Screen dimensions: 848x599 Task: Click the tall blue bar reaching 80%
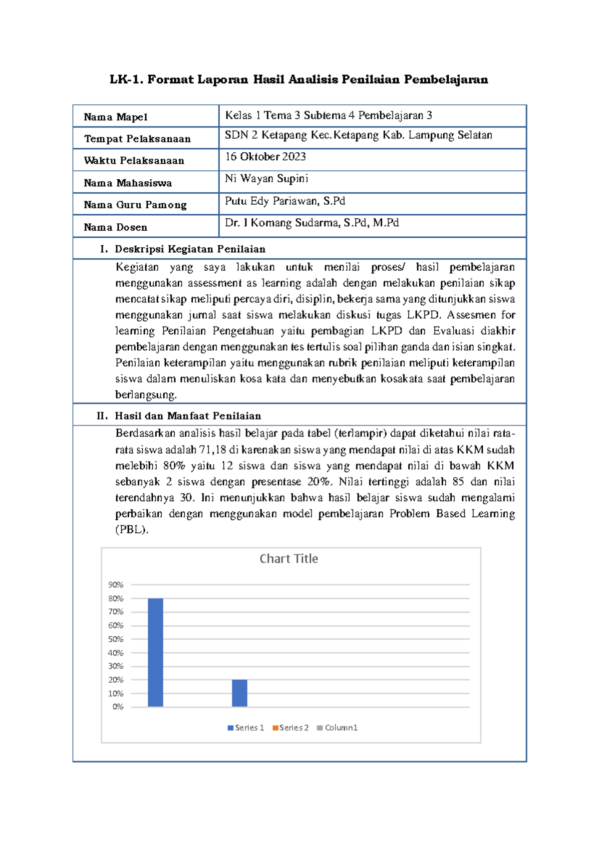coord(155,652)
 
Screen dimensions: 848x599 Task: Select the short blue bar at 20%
coord(240,693)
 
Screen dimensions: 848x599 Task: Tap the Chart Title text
coord(289,559)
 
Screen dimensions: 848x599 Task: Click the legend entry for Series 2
coord(291,728)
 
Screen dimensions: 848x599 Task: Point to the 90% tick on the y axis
coord(116,585)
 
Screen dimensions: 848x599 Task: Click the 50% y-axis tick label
coord(116,639)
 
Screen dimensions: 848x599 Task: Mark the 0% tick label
coord(118,707)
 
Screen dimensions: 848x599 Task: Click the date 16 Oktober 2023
coord(265,157)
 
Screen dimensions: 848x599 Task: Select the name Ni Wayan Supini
coord(266,179)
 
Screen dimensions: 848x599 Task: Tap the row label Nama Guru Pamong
coord(135,205)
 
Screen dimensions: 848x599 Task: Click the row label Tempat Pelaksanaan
coord(137,139)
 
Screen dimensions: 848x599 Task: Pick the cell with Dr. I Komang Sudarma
coord(311,223)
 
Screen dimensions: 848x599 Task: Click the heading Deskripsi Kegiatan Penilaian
coord(190,249)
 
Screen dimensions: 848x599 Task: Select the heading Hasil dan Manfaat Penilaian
coord(188,416)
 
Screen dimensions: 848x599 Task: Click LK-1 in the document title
coord(125,79)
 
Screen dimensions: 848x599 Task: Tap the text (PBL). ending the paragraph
coord(132,529)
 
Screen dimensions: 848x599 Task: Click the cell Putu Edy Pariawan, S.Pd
coord(285,201)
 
